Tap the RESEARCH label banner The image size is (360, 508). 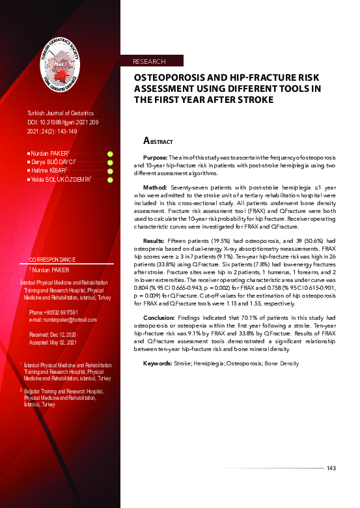point(149,61)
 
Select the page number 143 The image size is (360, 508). point(331,468)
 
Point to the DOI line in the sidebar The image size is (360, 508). point(63,122)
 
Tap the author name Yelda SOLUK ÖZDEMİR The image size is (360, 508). point(61,178)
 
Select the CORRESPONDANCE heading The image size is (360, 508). point(57,259)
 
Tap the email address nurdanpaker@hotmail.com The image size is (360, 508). point(64,320)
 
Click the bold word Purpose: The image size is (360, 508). point(156,158)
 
